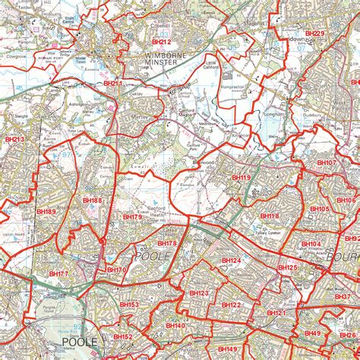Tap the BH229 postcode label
pyautogui.click(x=314, y=34)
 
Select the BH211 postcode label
pyautogui.click(x=112, y=84)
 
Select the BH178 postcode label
pyautogui.click(x=166, y=243)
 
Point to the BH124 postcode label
pyautogui.click(x=231, y=261)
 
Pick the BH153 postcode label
pyautogui.click(x=128, y=305)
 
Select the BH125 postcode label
pyautogui.click(x=287, y=267)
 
